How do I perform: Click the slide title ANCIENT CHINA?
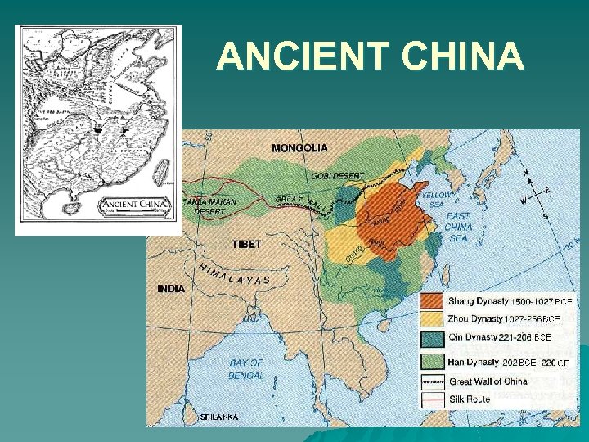(370, 56)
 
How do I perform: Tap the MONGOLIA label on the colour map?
(299, 148)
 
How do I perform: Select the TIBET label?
(246, 244)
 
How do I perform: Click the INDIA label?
(171, 288)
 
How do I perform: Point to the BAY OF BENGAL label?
(246, 368)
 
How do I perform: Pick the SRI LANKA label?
(218, 417)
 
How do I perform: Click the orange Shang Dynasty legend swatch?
(433, 302)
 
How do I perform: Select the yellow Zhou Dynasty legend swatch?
(433, 319)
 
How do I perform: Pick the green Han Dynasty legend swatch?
(433, 361)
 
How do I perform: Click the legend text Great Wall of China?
(488, 381)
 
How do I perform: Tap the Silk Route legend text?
(470, 399)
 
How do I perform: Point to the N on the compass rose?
(526, 173)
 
